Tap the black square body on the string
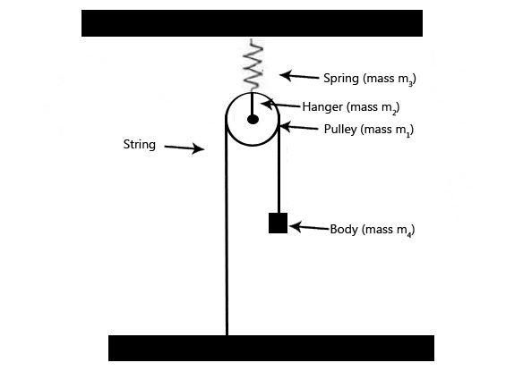pyautogui.click(x=279, y=223)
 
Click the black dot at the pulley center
pyautogui.click(x=253, y=119)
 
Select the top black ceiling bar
pyautogui.click(x=252, y=23)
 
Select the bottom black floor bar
pyautogui.click(x=271, y=348)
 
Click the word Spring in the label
pyautogui.click(x=341, y=79)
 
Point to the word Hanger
pyautogui.click(x=322, y=107)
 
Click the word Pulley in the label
pyautogui.click(x=340, y=130)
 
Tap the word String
pyautogui.click(x=140, y=145)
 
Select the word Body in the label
pyautogui.click(x=344, y=229)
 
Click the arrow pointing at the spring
pyautogui.click(x=299, y=76)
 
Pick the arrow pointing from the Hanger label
pyautogui.click(x=280, y=105)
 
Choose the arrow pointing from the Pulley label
pyautogui.click(x=299, y=127)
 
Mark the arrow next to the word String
pyautogui.click(x=184, y=148)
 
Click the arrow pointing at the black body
pyautogui.click(x=309, y=227)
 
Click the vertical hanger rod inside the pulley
pyautogui.click(x=253, y=104)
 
